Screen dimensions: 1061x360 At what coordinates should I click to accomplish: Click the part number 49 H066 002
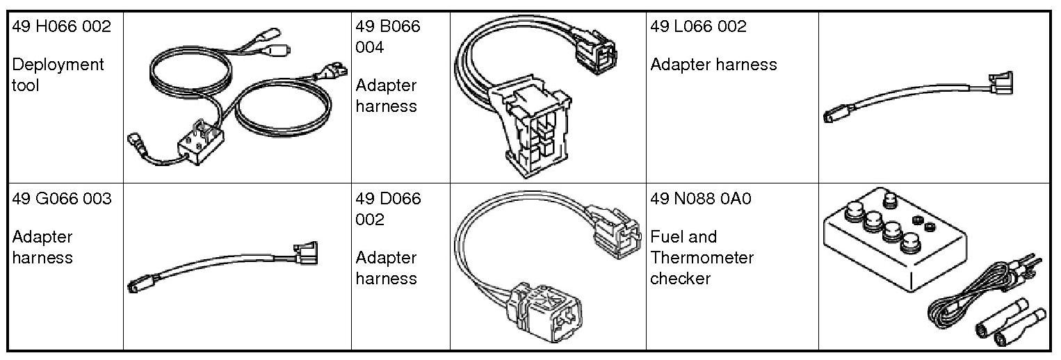pos(61,26)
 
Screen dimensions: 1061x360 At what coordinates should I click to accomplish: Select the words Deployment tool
pos(58,74)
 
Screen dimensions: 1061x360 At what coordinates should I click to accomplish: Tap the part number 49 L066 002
pos(698,26)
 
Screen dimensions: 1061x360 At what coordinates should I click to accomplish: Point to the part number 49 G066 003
pos(61,199)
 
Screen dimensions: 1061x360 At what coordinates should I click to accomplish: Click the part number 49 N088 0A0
pos(701,199)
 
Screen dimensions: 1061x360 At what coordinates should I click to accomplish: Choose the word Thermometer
pos(702,258)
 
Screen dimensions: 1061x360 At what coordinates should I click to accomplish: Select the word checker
pos(680,279)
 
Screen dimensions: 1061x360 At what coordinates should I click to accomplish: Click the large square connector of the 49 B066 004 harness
pos(535,133)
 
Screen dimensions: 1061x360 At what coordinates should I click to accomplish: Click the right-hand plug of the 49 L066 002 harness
pos(999,83)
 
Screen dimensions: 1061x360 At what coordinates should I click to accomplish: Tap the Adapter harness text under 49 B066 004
pos(386,96)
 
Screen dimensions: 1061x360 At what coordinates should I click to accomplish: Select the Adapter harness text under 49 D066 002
pos(386,268)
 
